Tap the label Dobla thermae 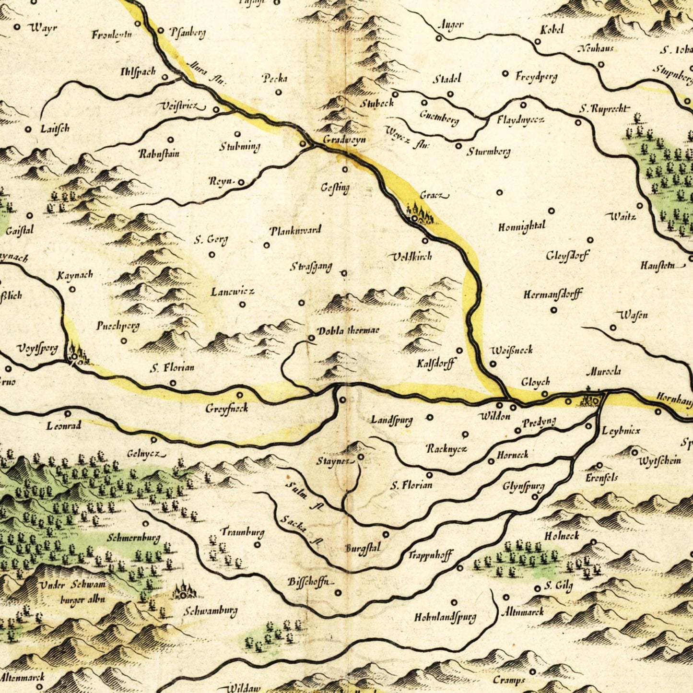[x=348, y=331]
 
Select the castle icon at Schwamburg [x=184, y=590]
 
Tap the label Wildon [x=495, y=416]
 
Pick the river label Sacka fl [x=300, y=529]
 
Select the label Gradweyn [x=344, y=140]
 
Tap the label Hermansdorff [x=552, y=294]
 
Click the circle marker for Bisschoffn [x=338, y=593]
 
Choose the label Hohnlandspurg [x=445, y=617]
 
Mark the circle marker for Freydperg [x=505, y=73]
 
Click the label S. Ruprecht [x=603, y=109]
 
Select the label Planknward [x=295, y=231]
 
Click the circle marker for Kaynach [x=72, y=289]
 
